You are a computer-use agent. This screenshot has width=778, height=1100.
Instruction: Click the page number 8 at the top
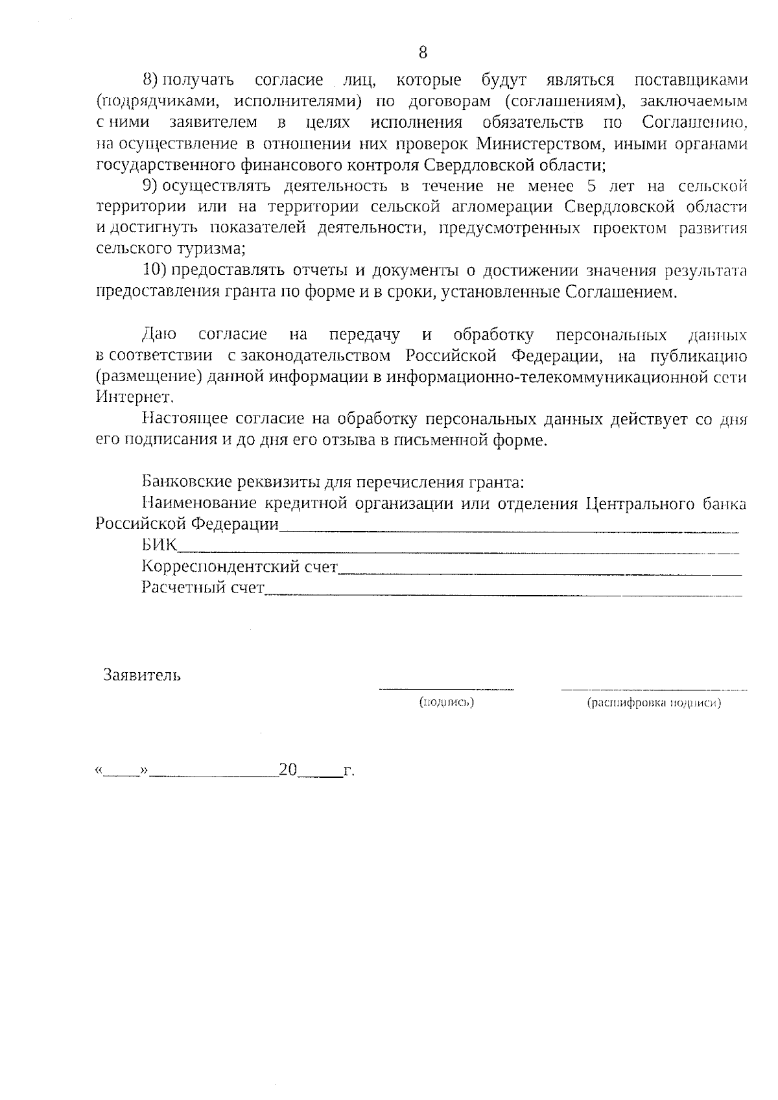point(423,52)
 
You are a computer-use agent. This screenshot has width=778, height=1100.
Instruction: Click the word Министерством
point(530,143)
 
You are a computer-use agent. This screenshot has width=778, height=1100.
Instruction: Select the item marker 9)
point(150,186)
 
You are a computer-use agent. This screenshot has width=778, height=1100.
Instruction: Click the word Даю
point(159,334)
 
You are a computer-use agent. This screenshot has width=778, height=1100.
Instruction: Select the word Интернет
point(134,397)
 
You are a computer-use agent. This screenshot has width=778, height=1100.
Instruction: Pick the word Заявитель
point(142,675)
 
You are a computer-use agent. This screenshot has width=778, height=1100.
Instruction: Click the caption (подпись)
point(447,702)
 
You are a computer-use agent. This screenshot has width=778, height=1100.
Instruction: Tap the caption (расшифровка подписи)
point(654,703)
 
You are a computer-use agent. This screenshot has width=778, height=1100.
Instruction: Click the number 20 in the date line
point(288,770)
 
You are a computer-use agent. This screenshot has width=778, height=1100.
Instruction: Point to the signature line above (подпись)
point(447,688)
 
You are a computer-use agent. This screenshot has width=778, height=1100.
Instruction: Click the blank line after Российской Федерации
point(509,531)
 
